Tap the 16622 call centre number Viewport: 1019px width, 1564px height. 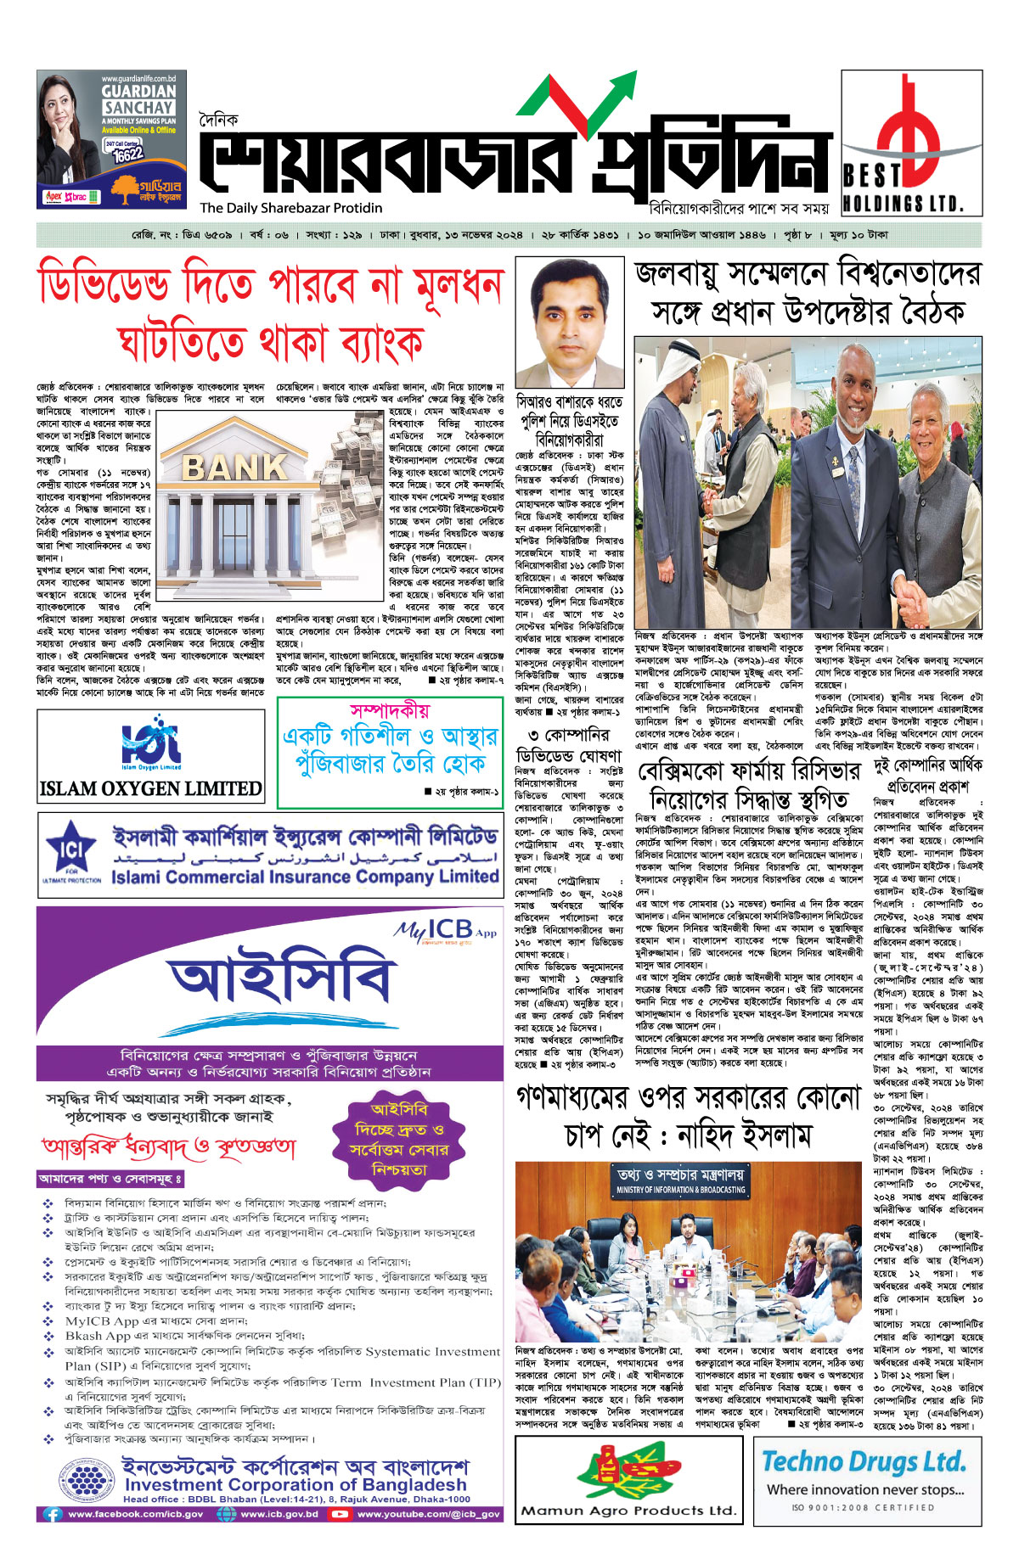pyautogui.click(x=128, y=156)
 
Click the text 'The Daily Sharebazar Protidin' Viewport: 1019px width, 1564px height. pyautogui.click(x=291, y=208)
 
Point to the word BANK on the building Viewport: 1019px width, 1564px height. pyautogui.click(x=234, y=467)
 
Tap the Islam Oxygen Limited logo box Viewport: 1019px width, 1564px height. pyautogui.click(x=151, y=755)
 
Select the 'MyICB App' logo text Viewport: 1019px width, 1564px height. pyautogui.click(x=444, y=930)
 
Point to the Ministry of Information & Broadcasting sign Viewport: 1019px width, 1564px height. pyautogui.click(x=680, y=1180)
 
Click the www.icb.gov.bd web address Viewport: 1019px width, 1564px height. pyautogui.click(x=279, y=1514)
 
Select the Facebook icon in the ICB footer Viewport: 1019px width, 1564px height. pyautogui.click(x=53, y=1514)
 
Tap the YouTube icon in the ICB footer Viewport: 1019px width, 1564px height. pyautogui.click(x=340, y=1514)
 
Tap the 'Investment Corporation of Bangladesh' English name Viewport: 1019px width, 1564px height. pyautogui.click(x=296, y=1485)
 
